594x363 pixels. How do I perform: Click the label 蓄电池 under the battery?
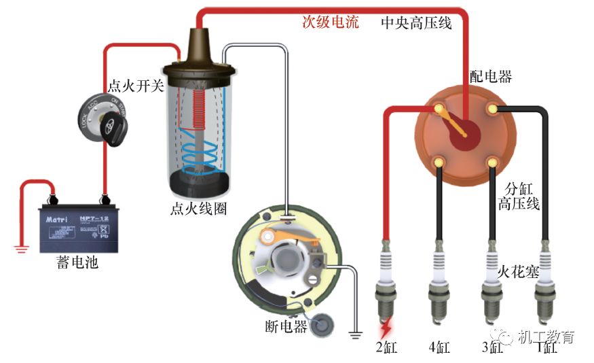click(77, 262)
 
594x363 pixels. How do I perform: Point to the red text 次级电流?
click(331, 22)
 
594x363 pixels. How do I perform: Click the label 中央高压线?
click(416, 23)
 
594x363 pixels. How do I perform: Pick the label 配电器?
click(491, 76)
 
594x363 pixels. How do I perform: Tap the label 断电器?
click(286, 327)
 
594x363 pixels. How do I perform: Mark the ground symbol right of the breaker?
click(354, 333)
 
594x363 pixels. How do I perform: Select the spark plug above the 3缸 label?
click(491, 289)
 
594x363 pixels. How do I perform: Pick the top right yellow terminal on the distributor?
click(494, 107)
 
